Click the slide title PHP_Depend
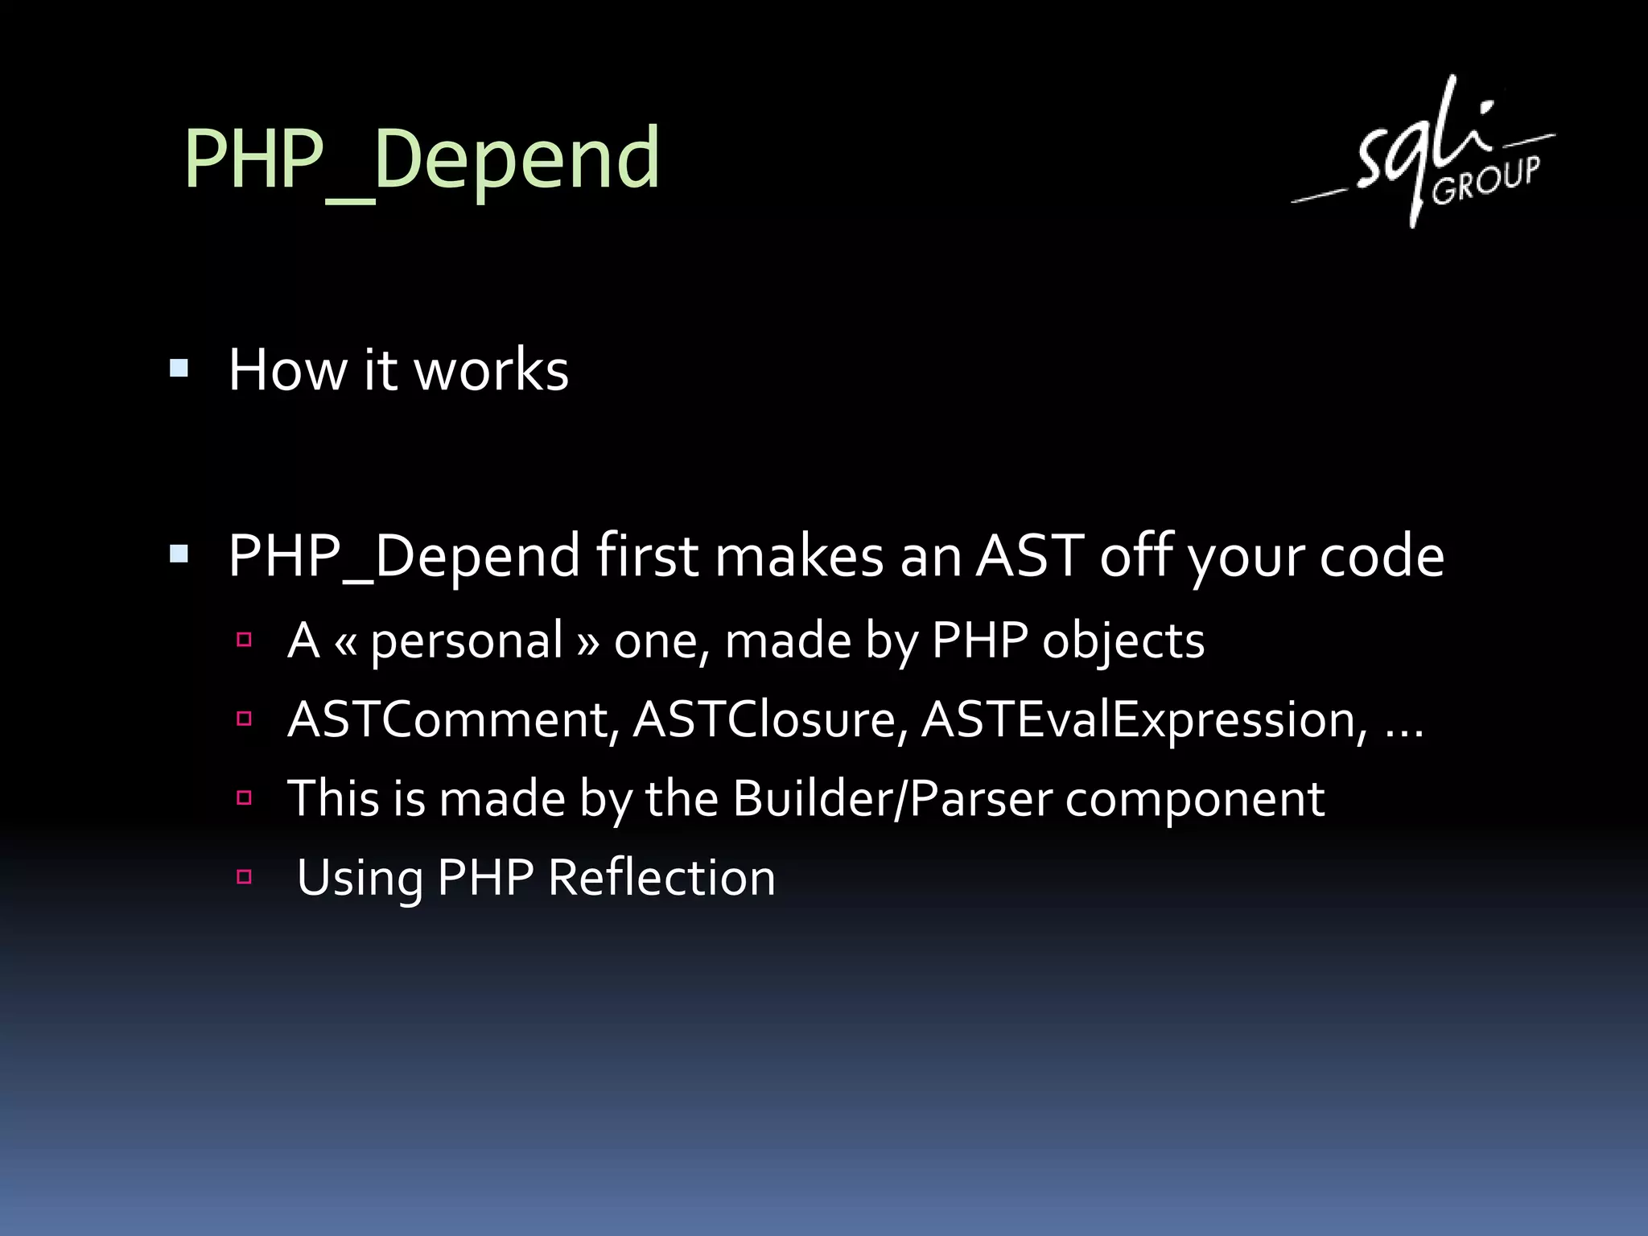[x=422, y=159]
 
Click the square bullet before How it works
[x=179, y=369]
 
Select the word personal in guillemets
[x=467, y=641]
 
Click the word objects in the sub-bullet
[x=1123, y=641]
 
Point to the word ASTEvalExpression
[x=1143, y=719]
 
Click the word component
[x=1195, y=798]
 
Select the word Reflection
[x=661, y=877]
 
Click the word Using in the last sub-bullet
[x=360, y=877]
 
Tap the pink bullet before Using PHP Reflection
[x=245, y=877]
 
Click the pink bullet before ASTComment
[x=245, y=719]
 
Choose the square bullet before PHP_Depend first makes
[x=179, y=554]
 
